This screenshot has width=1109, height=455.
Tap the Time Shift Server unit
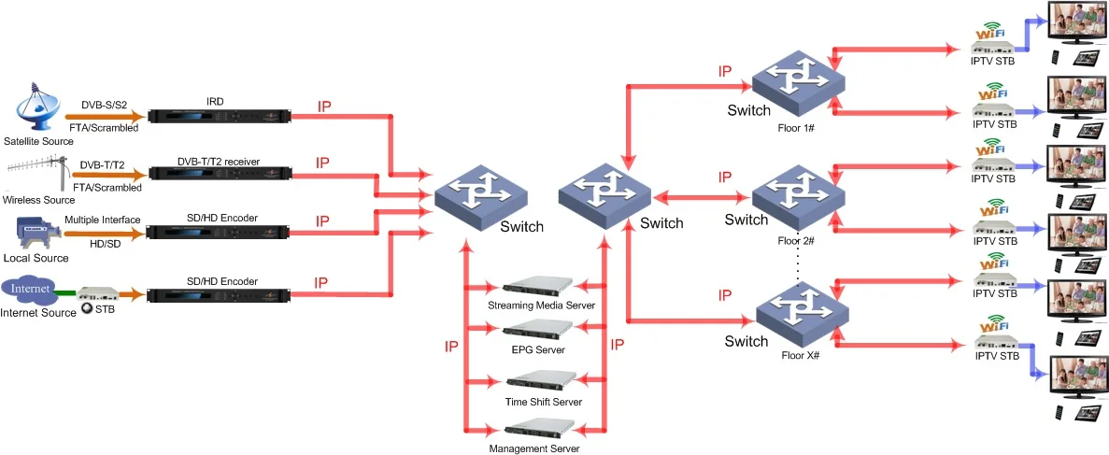537,380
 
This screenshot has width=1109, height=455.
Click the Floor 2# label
797,240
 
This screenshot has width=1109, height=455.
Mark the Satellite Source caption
38,140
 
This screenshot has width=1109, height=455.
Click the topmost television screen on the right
1075,22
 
